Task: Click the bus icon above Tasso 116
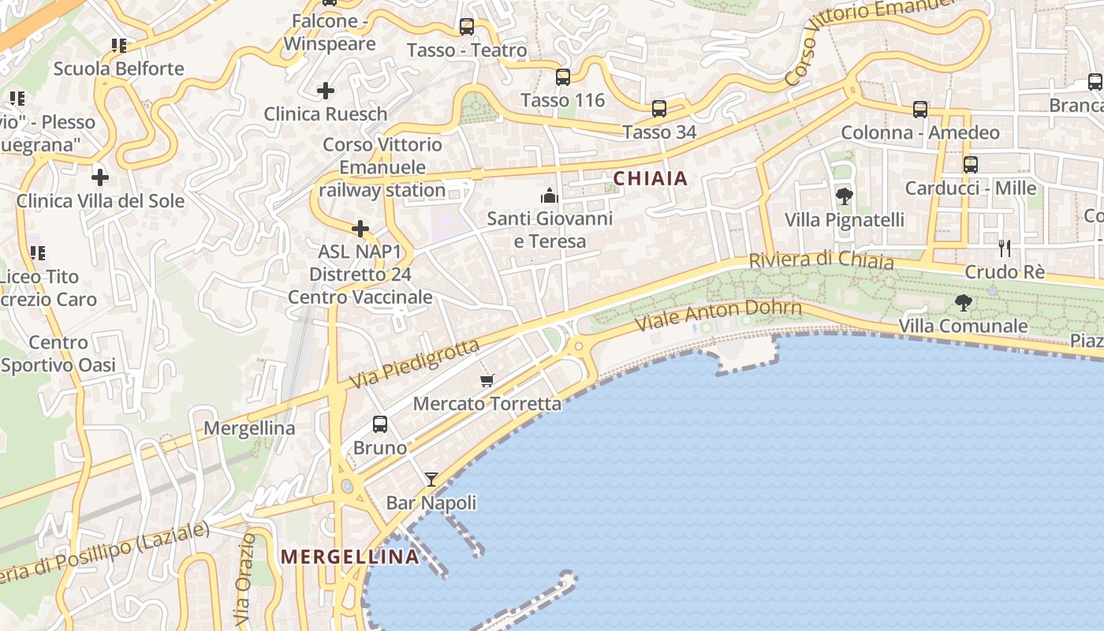coord(562,77)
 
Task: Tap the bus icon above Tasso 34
coord(658,109)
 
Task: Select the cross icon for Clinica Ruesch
coord(325,91)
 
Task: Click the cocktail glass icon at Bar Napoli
coord(431,479)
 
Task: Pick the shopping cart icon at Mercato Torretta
coord(487,380)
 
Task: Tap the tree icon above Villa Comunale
coord(963,302)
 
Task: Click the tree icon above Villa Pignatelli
coord(845,196)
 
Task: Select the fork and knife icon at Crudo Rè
coord(1004,248)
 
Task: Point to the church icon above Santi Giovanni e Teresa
coord(550,195)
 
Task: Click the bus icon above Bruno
coord(379,424)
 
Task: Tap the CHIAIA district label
coord(651,179)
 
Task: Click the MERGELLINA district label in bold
coord(350,557)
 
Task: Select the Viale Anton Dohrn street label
coord(718,315)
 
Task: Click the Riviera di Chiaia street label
coord(821,261)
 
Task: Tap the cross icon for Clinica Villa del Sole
coord(100,177)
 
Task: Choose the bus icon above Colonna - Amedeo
coord(919,110)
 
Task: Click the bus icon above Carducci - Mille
coord(970,165)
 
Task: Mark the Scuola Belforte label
coord(118,69)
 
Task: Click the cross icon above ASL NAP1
coord(360,229)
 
